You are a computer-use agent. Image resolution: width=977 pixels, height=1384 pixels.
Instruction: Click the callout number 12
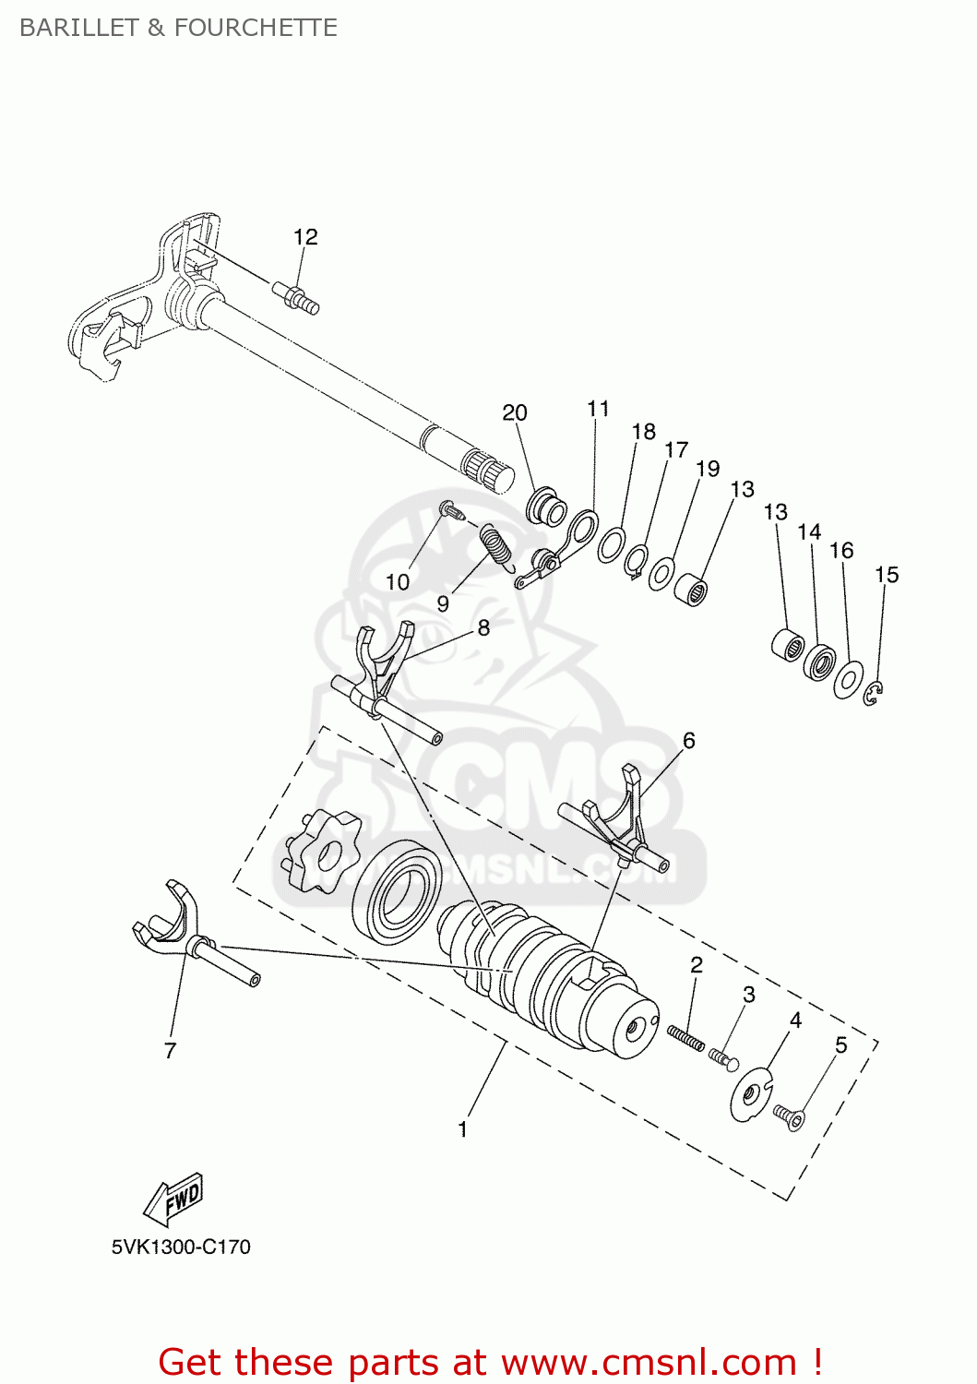(x=305, y=237)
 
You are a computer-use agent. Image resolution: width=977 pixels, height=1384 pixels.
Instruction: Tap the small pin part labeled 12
(x=296, y=297)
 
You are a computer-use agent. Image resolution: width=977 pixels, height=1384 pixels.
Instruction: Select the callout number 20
(x=515, y=412)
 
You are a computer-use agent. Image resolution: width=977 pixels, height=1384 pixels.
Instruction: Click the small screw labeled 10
(x=450, y=508)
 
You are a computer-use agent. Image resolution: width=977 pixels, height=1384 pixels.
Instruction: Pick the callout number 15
(x=886, y=575)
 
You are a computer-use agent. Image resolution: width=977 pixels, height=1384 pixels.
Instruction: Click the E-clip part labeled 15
(x=875, y=695)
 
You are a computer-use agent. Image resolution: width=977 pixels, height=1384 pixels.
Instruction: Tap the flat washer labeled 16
(x=848, y=680)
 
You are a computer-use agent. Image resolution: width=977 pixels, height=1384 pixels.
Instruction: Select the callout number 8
(x=483, y=627)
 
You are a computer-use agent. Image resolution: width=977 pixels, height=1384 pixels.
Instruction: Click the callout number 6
(x=688, y=740)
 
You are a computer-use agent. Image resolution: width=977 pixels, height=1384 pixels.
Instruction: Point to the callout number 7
(x=170, y=1050)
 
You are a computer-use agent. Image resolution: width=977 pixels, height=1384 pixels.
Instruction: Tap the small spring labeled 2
(x=685, y=1037)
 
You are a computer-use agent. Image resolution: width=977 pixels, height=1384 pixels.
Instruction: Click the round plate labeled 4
(x=751, y=1094)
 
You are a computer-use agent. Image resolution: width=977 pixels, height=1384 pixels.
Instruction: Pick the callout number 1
(x=462, y=1129)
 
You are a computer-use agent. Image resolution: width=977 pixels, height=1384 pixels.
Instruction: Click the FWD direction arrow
(x=174, y=1199)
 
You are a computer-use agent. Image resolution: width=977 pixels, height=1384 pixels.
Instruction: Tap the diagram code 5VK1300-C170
(x=181, y=1247)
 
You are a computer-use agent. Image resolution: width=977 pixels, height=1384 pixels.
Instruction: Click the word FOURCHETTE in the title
(x=256, y=28)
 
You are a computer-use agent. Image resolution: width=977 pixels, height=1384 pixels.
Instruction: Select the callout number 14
(x=809, y=532)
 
